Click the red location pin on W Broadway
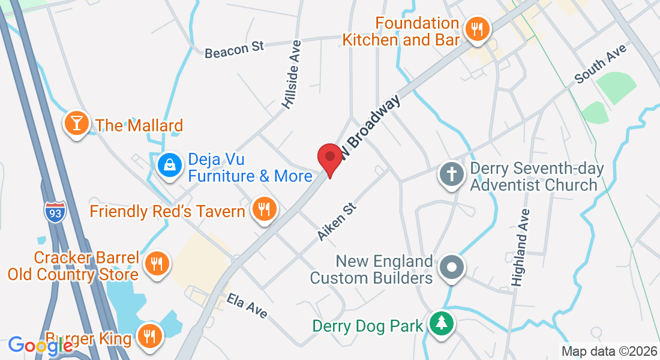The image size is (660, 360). click(329, 158)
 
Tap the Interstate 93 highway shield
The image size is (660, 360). click(55, 212)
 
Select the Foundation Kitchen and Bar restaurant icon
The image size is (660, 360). click(478, 28)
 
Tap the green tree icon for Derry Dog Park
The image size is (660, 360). click(442, 324)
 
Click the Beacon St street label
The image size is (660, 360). click(235, 50)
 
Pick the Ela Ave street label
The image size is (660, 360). click(247, 305)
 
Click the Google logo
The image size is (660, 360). click(40, 345)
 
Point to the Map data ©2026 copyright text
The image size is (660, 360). click(608, 351)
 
